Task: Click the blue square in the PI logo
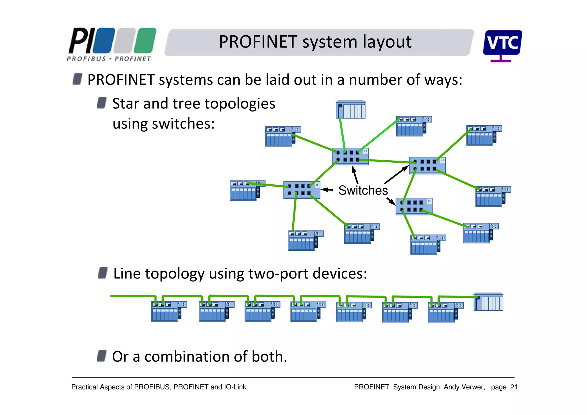pyautogui.click(x=104, y=40)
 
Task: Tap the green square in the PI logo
pyautogui.click(x=145, y=40)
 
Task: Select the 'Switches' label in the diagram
pyautogui.click(x=363, y=190)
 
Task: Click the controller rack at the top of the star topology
pyautogui.click(x=351, y=110)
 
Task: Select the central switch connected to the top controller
pyautogui.click(x=350, y=156)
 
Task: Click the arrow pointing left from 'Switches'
pyautogui.click(x=327, y=190)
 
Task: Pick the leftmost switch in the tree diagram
pyautogui.click(x=302, y=190)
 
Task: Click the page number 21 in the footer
pyautogui.click(x=514, y=387)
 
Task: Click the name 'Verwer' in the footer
pyautogui.click(x=473, y=387)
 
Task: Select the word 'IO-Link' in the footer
pyautogui.click(x=235, y=387)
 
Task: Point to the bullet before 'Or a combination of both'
pyautogui.click(x=102, y=356)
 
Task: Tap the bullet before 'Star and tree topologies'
pyautogui.click(x=102, y=103)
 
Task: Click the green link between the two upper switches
pyautogui.click(x=384, y=161)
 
